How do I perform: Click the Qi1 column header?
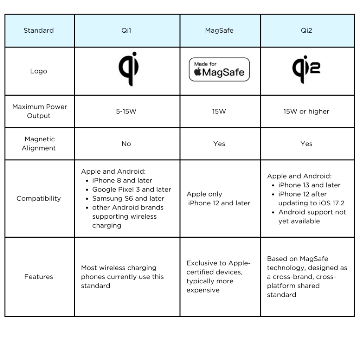click(x=126, y=31)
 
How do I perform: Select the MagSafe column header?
click(x=219, y=31)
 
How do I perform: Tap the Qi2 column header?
click(x=306, y=31)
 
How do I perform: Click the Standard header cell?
click(x=39, y=31)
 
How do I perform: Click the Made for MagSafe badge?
click(x=219, y=70)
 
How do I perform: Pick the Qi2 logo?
click(x=306, y=69)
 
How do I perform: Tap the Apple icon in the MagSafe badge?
click(x=198, y=73)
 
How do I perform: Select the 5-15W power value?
click(x=126, y=111)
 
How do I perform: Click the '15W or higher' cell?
click(x=306, y=111)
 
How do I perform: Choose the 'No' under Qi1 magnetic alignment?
click(x=126, y=144)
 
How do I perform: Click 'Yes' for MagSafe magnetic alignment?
click(x=219, y=144)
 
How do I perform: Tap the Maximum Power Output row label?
click(x=39, y=111)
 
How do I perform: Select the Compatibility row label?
click(x=39, y=198)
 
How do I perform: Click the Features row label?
click(x=39, y=277)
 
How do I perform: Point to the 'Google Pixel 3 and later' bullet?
click(x=131, y=189)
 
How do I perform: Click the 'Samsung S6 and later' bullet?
click(x=128, y=199)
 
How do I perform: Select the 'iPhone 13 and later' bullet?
click(x=309, y=185)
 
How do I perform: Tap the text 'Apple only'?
click(x=204, y=194)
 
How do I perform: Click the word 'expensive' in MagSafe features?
click(x=203, y=290)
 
